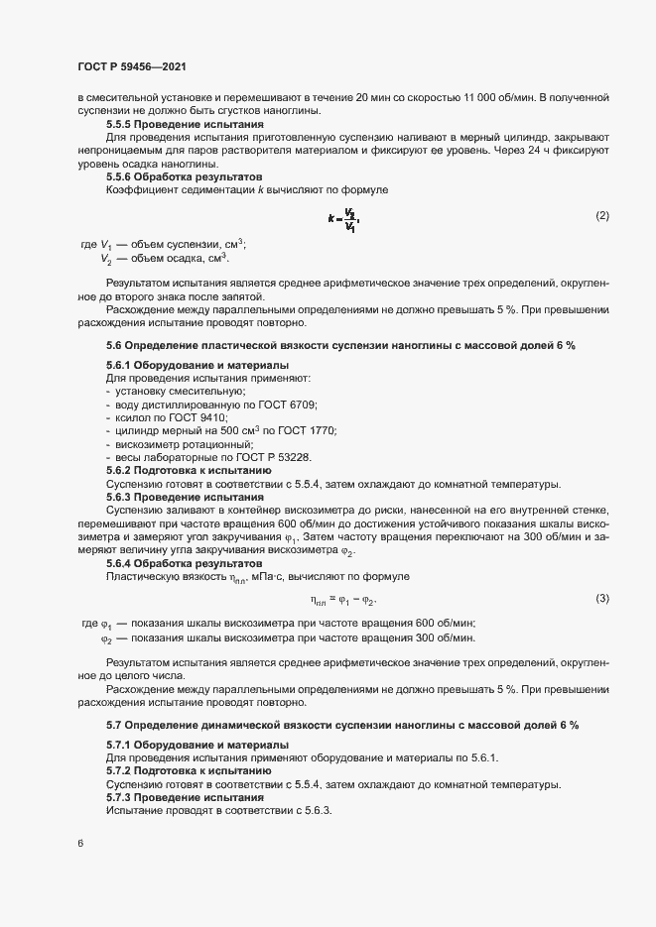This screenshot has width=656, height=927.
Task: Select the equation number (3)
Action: tap(601, 599)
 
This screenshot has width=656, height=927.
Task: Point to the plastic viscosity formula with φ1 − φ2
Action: tap(343, 599)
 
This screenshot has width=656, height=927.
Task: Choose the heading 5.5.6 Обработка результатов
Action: tap(168, 175)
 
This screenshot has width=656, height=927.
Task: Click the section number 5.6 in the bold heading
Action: tap(113, 345)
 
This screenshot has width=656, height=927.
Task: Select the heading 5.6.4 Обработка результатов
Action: tap(168, 562)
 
